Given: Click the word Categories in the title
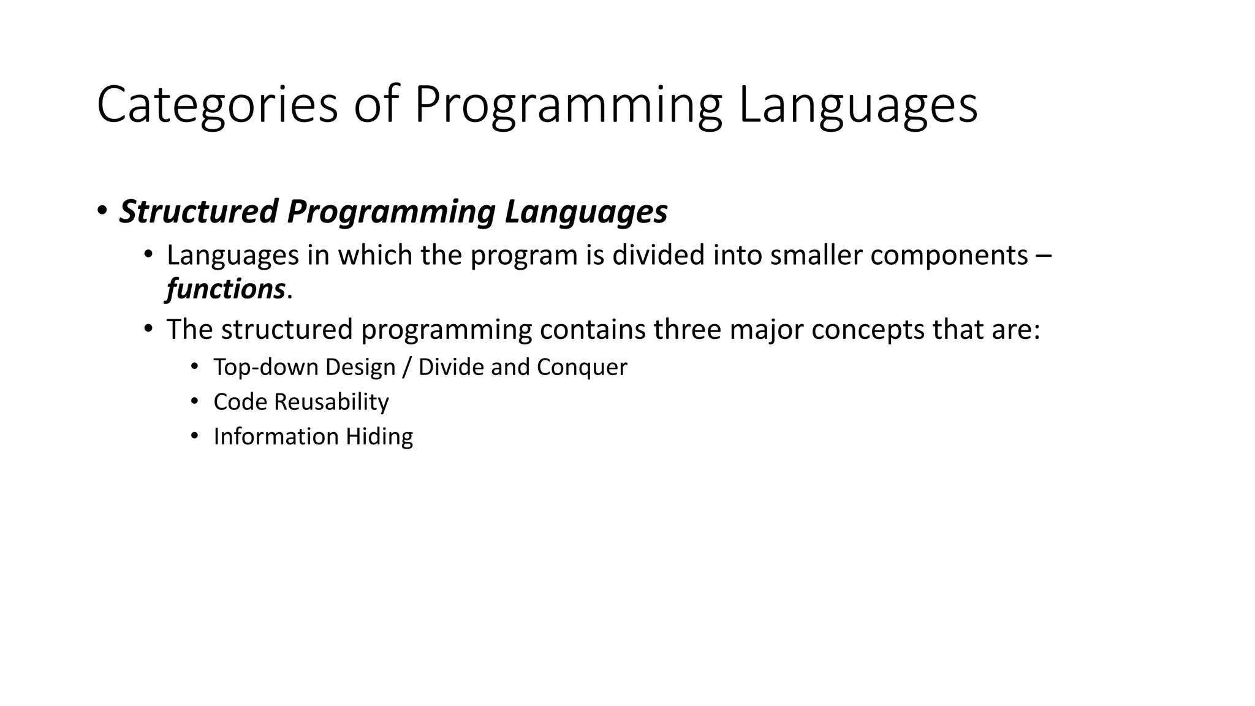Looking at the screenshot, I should (217, 105).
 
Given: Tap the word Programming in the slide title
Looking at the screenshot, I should (568, 105).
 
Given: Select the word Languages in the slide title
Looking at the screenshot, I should (857, 105).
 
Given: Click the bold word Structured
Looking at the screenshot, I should (199, 211).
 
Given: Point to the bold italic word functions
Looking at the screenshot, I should (226, 289).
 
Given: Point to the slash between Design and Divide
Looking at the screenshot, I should (407, 367).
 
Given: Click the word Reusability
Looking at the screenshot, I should (331, 402).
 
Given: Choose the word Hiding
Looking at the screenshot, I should (379, 436).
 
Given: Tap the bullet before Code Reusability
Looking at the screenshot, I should (194, 401).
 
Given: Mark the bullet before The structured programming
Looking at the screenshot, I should (148, 329).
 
